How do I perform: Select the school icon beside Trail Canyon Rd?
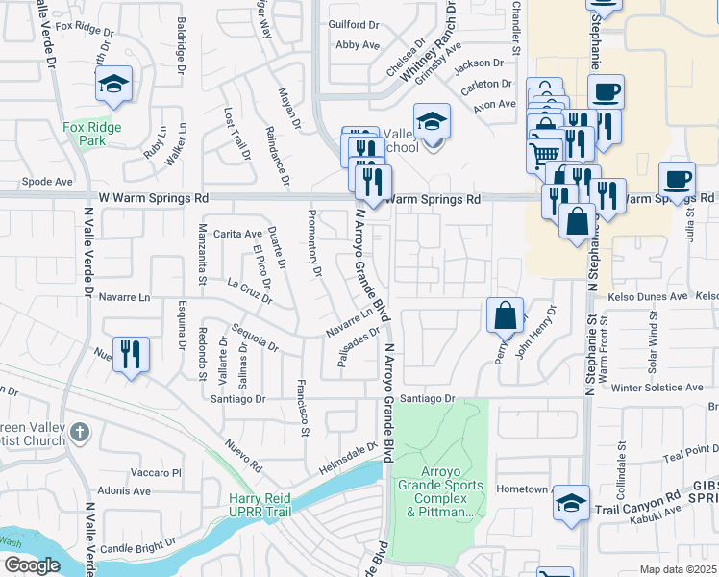571,503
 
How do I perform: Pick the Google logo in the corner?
32,565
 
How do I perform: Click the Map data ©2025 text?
678,569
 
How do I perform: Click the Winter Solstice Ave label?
652,388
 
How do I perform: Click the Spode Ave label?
47,181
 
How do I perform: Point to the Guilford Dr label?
349,25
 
